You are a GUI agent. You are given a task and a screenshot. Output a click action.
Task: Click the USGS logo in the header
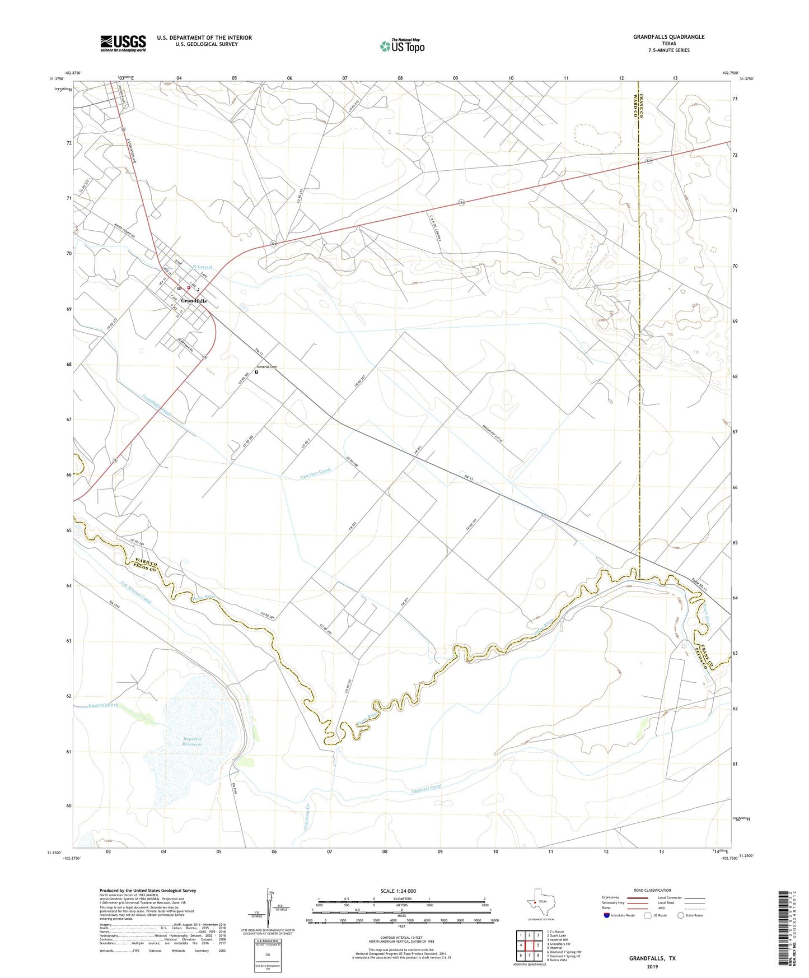(123, 43)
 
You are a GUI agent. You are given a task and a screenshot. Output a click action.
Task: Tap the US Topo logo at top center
(402, 45)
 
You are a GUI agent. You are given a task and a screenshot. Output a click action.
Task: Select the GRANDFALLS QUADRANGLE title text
(668, 37)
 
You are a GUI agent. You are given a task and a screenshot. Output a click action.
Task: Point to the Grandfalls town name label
(194, 301)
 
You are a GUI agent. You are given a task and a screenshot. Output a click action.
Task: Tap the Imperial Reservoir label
(192, 742)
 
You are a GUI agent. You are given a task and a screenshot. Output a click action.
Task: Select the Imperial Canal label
(427, 789)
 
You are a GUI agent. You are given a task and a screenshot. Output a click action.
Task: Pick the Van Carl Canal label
(315, 473)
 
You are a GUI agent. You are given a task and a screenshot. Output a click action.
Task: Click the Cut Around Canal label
(135, 592)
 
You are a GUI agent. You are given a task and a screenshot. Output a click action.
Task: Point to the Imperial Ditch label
(103, 705)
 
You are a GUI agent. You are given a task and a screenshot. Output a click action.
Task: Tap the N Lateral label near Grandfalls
(203, 267)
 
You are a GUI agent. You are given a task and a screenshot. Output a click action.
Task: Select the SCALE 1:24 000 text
(398, 891)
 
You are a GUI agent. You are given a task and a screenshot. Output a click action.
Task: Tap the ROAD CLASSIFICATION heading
(652, 890)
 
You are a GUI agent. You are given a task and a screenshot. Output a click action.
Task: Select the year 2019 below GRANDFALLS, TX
(652, 966)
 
